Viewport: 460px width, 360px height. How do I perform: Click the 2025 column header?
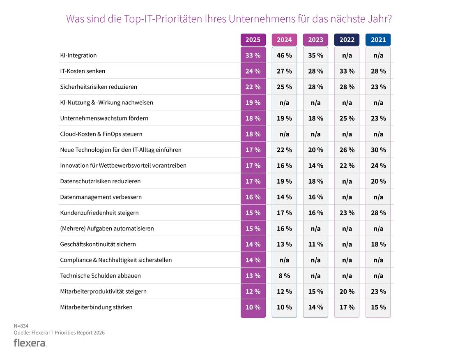253,40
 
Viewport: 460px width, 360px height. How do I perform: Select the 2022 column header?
347,40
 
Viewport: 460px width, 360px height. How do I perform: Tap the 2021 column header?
378,40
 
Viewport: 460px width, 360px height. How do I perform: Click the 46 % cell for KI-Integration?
284,55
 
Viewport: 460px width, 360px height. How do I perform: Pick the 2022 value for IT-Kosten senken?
347,71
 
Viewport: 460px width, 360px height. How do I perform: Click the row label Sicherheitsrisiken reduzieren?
99,87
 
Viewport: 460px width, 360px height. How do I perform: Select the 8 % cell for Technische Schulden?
284,276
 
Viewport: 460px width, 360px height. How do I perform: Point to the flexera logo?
30,343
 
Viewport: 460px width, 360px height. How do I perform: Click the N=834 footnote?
21,325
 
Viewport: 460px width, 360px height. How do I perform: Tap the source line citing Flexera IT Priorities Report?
59,332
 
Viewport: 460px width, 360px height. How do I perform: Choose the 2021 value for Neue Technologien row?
378,150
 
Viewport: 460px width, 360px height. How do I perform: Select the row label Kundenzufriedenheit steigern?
99,213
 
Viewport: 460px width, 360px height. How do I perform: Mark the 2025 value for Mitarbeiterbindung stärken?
253,307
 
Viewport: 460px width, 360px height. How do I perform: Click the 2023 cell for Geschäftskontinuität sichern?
315,245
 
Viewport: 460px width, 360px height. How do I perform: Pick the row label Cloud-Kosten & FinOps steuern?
101,134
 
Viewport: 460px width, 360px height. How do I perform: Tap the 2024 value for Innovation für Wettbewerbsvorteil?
284,166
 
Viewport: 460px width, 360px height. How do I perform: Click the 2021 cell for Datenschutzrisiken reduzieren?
378,181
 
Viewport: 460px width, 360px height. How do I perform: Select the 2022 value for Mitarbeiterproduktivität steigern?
347,292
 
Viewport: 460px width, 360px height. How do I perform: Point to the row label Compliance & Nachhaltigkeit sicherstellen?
116,260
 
